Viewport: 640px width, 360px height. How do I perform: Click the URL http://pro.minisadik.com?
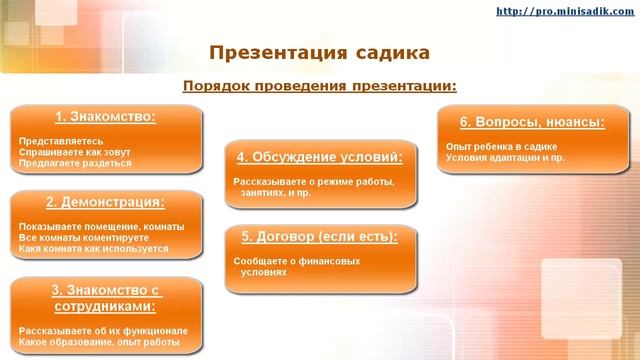(x=564, y=11)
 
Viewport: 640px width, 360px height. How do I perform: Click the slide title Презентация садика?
(x=320, y=51)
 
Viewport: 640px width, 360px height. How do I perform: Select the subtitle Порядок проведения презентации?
(x=320, y=85)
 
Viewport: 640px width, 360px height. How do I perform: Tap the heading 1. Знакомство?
(x=106, y=116)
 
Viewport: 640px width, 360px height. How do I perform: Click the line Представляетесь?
(x=56, y=141)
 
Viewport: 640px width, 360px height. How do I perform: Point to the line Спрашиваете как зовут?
(x=75, y=152)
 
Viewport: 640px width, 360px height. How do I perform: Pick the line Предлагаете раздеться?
(x=75, y=163)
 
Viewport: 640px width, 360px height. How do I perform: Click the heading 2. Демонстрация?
(x=106, y=202)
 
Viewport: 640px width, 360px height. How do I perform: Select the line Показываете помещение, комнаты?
(x=101, y=227)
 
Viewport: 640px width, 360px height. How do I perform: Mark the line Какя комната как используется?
(x=93, y=249)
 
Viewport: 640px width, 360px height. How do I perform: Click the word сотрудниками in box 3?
(x=106, y=307)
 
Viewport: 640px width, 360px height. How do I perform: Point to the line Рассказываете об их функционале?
(x=103, y=331)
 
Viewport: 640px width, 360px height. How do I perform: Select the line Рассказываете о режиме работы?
(x=314, y=182)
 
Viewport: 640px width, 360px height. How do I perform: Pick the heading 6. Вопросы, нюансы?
(x=532, y=122)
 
